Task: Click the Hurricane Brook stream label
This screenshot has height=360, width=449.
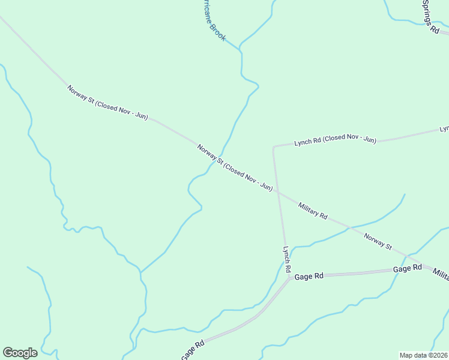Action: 214,22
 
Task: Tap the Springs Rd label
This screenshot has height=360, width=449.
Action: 430,16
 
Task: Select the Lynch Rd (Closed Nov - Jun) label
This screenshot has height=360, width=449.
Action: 335,140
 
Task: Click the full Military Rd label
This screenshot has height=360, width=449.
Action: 313,211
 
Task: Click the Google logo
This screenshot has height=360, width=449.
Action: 20,352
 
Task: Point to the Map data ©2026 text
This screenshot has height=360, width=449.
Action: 423,355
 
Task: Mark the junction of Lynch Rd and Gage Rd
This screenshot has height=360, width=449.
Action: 290,277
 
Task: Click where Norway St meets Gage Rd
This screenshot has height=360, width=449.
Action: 406,257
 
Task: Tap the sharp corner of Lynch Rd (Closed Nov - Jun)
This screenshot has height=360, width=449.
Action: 274,146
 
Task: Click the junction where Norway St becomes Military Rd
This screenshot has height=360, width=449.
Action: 278,193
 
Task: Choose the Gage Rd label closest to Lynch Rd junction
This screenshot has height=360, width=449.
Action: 310,275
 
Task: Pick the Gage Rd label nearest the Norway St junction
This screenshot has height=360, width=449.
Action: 408,268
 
